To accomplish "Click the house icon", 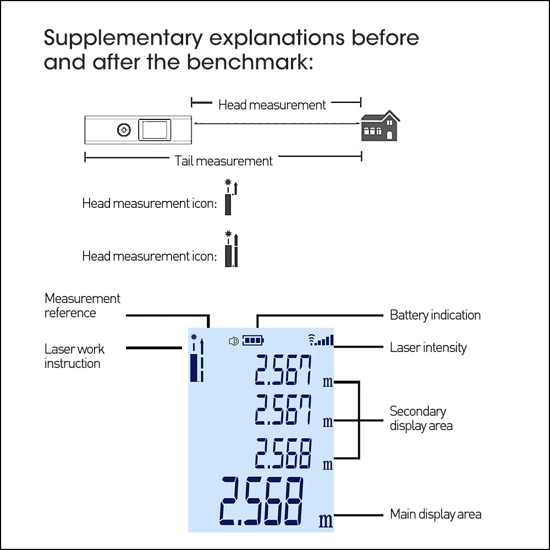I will point(380,126).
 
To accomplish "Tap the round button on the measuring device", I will point(125,130).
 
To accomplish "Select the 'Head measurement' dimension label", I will point(272,105).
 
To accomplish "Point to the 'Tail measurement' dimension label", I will point(223,161).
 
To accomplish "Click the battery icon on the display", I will point(254,340).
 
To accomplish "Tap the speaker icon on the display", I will point(234,341).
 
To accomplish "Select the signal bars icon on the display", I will point(322,340).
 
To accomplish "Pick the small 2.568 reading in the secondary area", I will point(284,454).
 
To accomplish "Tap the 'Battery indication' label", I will point(435,315).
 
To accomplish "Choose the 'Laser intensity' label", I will point(428,348).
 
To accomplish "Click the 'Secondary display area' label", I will point(421,419).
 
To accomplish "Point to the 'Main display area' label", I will point(436,514).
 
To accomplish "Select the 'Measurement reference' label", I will point(82,306).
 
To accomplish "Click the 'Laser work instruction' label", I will point(74,356).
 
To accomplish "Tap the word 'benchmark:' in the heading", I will point(250,62).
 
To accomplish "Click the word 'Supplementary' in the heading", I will point(123,38).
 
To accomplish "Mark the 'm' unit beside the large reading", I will point(326,520).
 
